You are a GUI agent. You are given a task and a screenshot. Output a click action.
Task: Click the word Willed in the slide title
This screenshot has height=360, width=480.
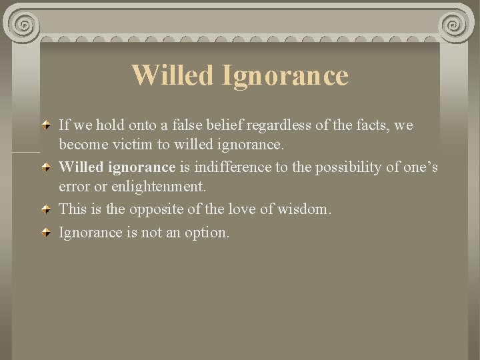point(171,75)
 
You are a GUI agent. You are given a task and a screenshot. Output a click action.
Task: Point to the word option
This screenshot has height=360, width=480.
point(206,233)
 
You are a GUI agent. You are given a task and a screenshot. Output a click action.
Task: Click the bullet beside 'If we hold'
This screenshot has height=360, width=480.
point(45,125)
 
